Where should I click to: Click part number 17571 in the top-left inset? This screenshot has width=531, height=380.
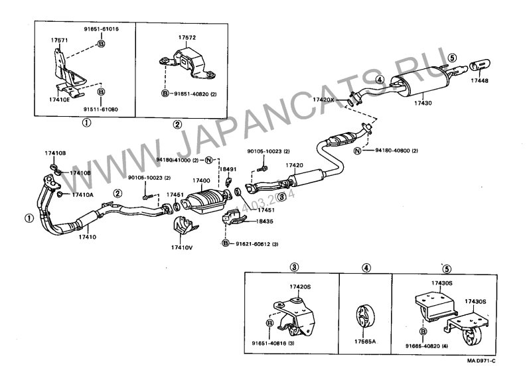(x=60, y=40)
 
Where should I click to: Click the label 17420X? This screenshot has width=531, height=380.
(x=327, y=99)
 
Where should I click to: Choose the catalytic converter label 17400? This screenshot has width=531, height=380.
(x=201, y=180)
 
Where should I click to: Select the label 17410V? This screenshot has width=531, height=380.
(x=181, y=247)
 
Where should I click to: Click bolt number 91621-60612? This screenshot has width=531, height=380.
(x=251, y=244)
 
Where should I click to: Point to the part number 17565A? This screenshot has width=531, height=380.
(x=365, y=343)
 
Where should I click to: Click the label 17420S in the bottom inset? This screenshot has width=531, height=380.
(x=299, y=286)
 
